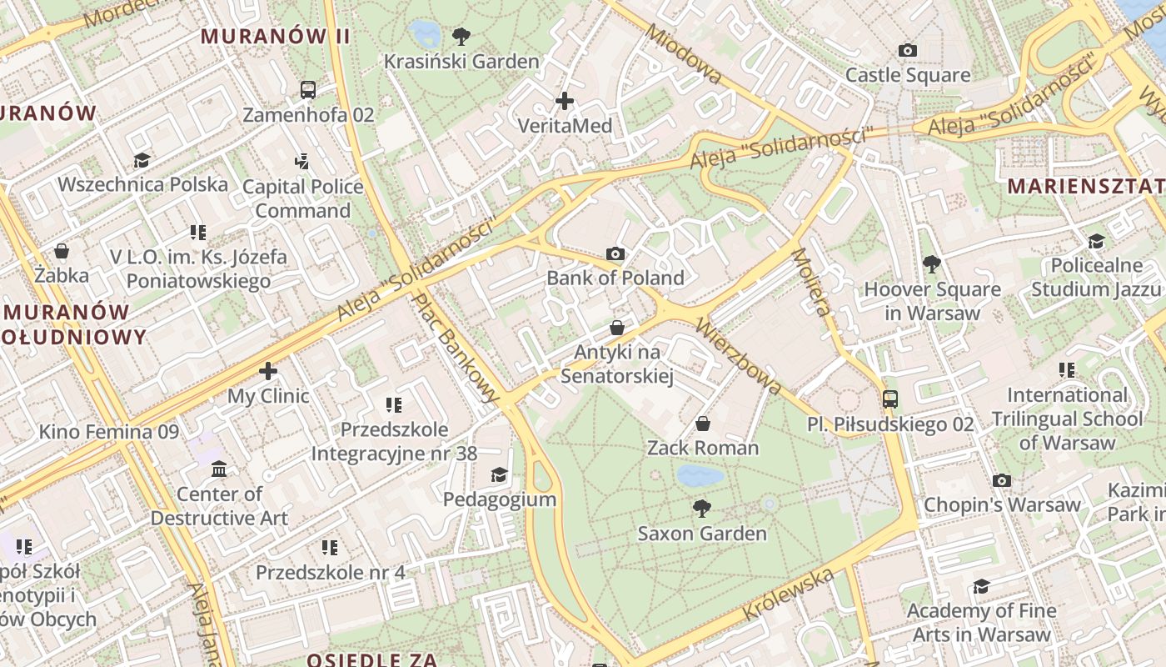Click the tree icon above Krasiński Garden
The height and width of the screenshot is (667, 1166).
click(x=461, y=37)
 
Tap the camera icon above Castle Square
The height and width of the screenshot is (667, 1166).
click(x=908, y=51)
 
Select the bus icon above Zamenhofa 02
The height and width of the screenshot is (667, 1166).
click(x=308, y=89)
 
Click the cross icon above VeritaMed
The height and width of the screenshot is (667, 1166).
click(x=565, y=102)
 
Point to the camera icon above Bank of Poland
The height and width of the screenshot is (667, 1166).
click(x=615, y=253)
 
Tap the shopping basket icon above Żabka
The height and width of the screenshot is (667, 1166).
click(x=62, y=251)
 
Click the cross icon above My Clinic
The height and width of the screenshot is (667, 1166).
click(x=268, y=371)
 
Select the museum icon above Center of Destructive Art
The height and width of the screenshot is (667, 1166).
click(x=219, y=469)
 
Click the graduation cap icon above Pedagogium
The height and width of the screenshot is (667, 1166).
click(x=499, y=475)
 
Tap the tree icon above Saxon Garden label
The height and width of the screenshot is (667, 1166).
click(x=702, y=508)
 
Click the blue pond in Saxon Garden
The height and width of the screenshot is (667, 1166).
click(x=700, y=476)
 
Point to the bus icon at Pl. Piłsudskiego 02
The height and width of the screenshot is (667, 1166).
click(x=890, y=399)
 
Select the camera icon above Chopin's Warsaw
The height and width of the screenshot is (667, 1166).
click(x=1002, y=480)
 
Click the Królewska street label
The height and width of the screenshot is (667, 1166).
click(x=788, y=594)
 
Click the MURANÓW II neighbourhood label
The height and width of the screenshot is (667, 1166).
click(x=276, y=37)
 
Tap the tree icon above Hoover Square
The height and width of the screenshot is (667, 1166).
click(x=932, y=265)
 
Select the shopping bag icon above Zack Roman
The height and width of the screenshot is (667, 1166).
click(x=703, y=424)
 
